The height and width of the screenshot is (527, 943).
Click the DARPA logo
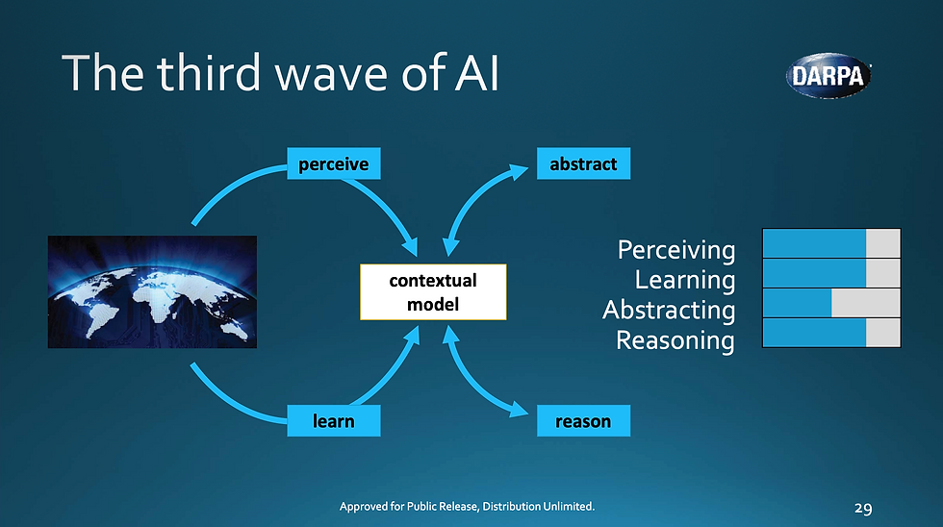coord(828,76)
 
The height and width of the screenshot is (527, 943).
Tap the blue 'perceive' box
coord(334,163)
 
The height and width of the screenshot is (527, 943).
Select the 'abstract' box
coord(583,163)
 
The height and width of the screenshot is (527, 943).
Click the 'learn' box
coord(334,420)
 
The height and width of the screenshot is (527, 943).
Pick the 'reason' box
coord(583,420)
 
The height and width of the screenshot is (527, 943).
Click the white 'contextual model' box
coord(433,292)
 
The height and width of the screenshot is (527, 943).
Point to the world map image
coord(152,292)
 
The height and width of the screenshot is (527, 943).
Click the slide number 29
coord(863,509)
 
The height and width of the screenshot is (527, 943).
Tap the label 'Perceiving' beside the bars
coord(675,250)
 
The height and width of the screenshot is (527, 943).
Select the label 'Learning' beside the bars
coord(685,280)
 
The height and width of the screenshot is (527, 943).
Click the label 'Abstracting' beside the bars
coord(669,310)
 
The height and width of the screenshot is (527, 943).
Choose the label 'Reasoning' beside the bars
coord(675,340)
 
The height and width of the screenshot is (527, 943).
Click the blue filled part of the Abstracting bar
coord(798,303)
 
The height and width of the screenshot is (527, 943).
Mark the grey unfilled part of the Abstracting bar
coord(866,303)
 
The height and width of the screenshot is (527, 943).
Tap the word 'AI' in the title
coord(477,73)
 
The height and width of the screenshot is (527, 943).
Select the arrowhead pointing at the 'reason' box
coord(519,411)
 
